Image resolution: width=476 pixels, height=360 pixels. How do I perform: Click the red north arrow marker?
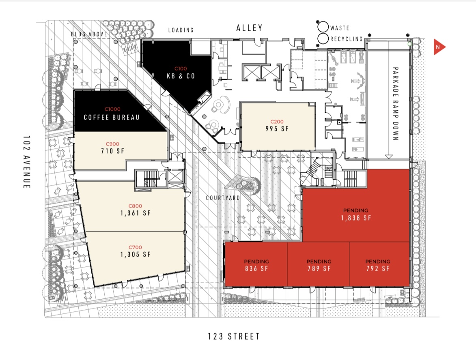point(439,47)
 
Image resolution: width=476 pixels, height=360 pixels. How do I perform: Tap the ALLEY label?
point(249,28)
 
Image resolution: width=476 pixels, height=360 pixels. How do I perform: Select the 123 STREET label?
point(234,336)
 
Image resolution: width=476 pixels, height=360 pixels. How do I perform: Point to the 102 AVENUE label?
point(27,162)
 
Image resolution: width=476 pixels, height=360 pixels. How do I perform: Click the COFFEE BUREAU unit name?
point(112,118)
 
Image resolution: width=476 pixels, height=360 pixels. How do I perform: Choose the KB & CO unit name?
point(181,76)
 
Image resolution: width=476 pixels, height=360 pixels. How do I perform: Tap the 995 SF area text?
point(277,129)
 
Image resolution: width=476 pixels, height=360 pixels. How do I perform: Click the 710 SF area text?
point(113,151)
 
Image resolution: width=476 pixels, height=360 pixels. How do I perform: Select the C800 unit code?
point(135,206)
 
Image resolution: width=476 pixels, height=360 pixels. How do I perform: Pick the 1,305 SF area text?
point(136,255)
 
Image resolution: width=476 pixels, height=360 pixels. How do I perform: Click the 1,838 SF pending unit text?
point(356,218)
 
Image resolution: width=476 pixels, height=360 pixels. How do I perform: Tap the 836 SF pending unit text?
point(256,268)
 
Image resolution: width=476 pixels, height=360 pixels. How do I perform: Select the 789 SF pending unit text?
point(319,268)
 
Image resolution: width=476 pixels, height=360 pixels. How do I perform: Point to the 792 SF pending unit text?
point(378,268)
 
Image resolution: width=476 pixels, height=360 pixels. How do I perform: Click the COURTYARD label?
point(223,198)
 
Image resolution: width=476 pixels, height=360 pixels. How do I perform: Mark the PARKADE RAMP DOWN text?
point(395,104)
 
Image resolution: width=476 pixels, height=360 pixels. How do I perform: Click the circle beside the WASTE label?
point(323,27)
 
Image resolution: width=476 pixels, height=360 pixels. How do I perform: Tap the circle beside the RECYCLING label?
point(323,39)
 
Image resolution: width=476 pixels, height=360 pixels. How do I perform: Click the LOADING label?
point(181,30)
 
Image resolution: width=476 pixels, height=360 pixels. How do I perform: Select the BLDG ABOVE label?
point(89,34)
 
